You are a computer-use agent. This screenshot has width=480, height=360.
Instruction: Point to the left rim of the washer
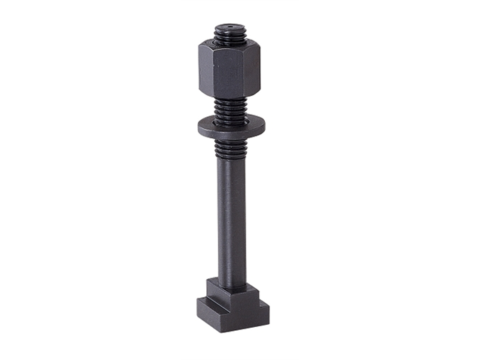(x=201, y=127)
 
